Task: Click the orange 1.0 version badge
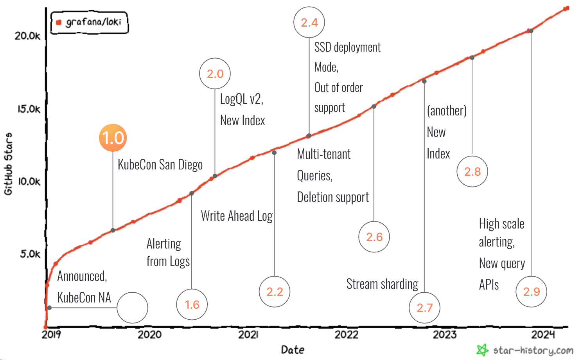113,138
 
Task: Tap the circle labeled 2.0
215,74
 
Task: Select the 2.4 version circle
309,22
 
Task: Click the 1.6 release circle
192,304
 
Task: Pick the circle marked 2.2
274,292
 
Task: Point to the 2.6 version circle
374,237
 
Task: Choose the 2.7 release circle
424,308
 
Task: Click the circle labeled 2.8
472,171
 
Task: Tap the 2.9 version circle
531,292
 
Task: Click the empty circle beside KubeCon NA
132,308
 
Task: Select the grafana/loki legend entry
90,22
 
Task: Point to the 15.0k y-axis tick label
29,109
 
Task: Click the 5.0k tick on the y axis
30,254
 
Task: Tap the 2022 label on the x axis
346,335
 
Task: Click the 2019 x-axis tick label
51,335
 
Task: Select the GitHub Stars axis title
8,164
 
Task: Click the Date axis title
293,349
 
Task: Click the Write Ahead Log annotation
237,216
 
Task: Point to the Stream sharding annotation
382,284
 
